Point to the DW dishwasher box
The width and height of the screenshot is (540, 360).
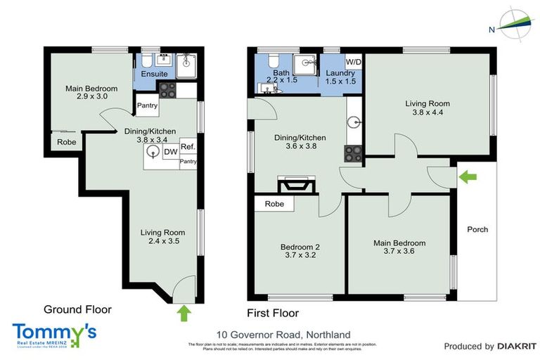170,150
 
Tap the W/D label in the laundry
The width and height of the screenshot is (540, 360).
353,62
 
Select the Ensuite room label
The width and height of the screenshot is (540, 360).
154,74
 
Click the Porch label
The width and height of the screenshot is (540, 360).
477,229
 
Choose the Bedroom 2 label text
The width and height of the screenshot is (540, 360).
300,247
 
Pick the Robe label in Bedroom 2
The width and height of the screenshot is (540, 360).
274,205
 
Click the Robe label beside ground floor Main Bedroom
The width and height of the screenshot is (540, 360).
67,141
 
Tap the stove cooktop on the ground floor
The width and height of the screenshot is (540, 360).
168,89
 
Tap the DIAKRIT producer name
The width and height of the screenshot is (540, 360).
517,347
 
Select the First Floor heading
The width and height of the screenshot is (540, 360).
273,313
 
